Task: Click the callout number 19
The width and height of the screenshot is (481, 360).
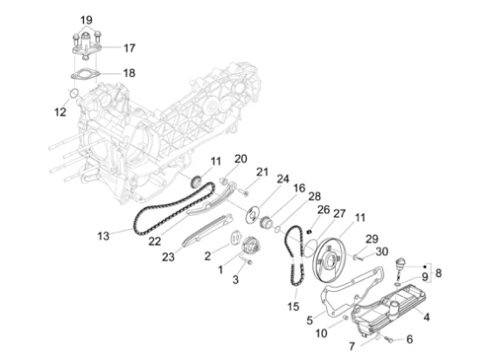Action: pos(87,20)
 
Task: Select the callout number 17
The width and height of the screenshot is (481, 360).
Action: pos(129,48)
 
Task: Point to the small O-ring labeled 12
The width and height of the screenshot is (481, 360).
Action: pos(74,93)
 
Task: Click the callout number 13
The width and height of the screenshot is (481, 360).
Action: pos(103,236)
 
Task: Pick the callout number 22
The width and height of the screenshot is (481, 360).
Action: pos(155,241)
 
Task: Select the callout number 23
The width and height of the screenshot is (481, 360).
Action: pos(168,257)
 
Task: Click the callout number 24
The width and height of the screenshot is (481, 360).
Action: pos(282,179)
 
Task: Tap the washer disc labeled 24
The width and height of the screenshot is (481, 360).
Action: pos(253,213)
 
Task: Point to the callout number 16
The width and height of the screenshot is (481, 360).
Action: pos(299,188)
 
